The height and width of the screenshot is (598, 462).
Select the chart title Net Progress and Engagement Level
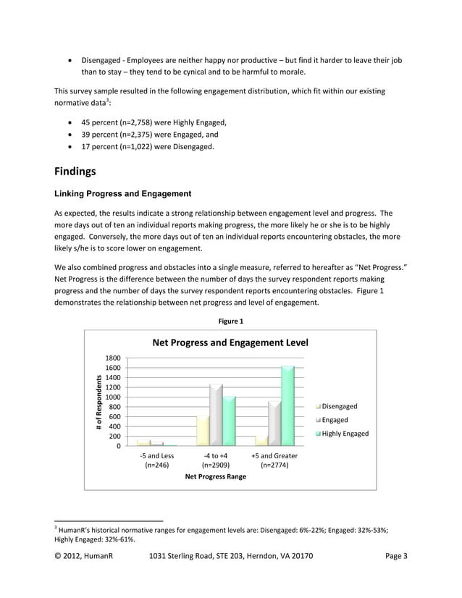[230, 342]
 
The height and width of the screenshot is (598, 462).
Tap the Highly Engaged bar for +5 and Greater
[287, 405]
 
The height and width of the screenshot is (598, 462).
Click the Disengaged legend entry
[338, 406]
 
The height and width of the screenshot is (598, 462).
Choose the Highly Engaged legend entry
[344, 434]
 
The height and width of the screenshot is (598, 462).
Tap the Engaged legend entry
[334, 420]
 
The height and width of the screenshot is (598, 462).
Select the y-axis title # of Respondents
[98, 403]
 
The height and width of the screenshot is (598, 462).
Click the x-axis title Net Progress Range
[216, 476]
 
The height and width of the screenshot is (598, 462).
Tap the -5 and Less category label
[156, 455]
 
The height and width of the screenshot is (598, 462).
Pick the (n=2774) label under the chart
[274, 466]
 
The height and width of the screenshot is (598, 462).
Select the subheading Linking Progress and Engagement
[123, 193]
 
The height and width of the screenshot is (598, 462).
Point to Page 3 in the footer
[396, 556]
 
